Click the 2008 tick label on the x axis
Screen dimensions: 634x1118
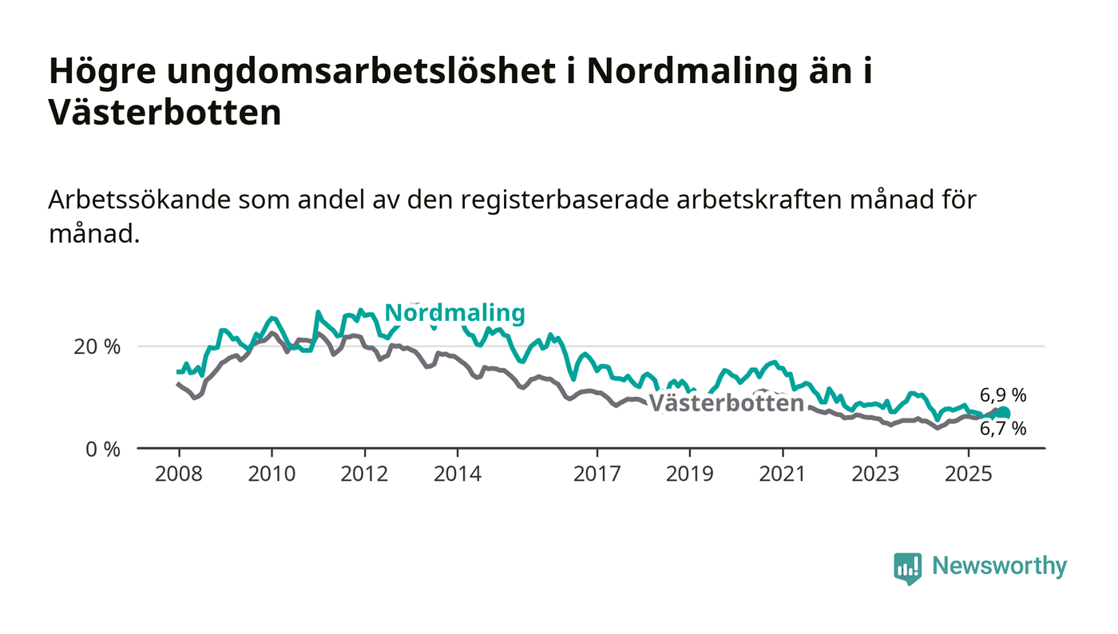point(178,474)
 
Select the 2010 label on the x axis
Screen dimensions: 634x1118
point(272,474)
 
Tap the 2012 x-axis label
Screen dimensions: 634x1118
point(364,474)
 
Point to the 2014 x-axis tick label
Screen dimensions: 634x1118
point(457,474)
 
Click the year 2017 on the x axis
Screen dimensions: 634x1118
point(597,474)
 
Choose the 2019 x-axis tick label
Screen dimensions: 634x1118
point(689,474)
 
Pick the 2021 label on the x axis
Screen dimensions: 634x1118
point(782,474)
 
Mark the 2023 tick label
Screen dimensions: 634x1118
point(875,474)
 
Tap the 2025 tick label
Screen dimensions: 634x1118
point(968,474)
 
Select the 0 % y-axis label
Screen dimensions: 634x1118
point(103,450)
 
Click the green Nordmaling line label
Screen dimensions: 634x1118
point(454,313)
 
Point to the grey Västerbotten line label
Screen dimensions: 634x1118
point(726,403)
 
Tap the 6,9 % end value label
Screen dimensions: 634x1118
point(1003,394)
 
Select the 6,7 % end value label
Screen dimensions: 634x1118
point(1003,429)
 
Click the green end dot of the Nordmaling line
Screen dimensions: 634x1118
point(1004,413)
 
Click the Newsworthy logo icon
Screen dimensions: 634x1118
point(907,568)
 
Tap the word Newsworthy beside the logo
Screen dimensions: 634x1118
point(999,566)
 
